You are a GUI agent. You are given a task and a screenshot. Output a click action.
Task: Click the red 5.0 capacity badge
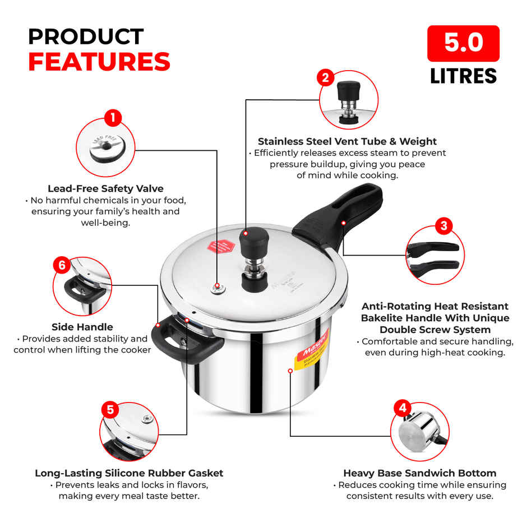pos(463,43)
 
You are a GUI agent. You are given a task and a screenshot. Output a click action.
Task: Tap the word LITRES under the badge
pos(463,76)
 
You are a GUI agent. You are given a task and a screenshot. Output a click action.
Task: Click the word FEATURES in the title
pos(99,62)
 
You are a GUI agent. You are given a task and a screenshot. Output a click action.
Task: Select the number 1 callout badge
pos(113,118)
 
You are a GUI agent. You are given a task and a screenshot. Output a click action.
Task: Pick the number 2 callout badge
pos(326,77)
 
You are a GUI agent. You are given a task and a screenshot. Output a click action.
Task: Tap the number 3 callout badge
pos(443,226)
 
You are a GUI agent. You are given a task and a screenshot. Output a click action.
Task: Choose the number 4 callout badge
pos(402,408)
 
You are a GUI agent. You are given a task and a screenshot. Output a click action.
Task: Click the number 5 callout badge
pos(110,410)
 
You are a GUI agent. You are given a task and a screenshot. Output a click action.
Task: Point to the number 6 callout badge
pos(62,265)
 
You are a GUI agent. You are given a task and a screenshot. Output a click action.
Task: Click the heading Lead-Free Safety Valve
pos(105,189)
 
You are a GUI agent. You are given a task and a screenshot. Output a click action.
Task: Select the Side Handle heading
pos(82,327)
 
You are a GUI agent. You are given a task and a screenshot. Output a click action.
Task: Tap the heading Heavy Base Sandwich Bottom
pos(419,473)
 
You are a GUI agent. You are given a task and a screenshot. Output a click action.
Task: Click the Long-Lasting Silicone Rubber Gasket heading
pos(129,473)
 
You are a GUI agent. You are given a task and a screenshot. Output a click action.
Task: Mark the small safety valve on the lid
pos(218,289)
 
